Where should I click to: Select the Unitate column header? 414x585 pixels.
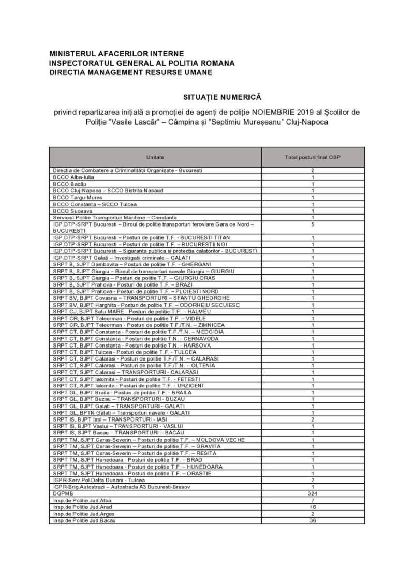click(155, 157)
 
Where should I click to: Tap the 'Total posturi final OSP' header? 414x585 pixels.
click(313, 157)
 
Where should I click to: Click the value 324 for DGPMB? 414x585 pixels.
click(313, 494)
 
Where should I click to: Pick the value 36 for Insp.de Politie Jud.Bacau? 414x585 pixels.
click(313, 520)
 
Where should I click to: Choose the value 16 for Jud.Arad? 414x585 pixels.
click(313, 507)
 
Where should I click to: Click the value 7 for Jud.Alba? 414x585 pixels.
click(313, 501)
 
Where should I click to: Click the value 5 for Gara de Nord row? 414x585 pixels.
click(313, 224)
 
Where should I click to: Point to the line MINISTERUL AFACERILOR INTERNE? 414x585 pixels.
click(116, 53)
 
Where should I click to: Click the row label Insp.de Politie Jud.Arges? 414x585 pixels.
click(82, 514)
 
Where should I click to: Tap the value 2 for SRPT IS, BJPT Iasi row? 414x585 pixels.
click(313, 419)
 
